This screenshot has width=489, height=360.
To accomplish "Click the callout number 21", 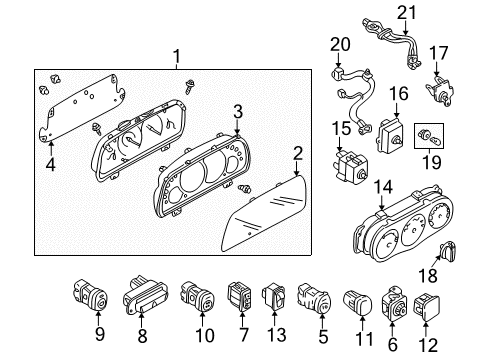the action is pyautogui.click(x=407, y=13).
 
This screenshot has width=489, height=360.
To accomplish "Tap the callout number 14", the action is pyautogui.click(x=383, y=187).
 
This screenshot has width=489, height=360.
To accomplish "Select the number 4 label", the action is pyautogui.click(x=50, y=165).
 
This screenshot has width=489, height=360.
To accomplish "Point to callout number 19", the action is pyautogui.click(x=431, y=163).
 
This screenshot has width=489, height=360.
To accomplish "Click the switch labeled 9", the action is pyautogui.click(x=90, y=295).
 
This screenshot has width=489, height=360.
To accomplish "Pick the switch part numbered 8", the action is pyautogui.click(x=144, y=296).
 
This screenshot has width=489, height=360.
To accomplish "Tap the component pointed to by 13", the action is pyautogui.click(x=274, y=296).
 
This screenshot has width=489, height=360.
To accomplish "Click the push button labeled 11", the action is pyautogui.click(x=357, y=302).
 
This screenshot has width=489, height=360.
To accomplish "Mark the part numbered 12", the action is pyautogui.click(x=427, y=307).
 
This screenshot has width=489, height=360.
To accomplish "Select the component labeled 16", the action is pyautogui.click(x=391, y=135).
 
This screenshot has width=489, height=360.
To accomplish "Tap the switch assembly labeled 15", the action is pyautogui.click(x=349, y=167).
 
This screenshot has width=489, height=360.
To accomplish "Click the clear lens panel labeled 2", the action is pyautogui.click(x=264, y=214).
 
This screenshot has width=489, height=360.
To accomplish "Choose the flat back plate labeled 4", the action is pyautogui.click(x=82, y=109).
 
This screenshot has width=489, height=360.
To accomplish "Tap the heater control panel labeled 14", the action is pyautogui.click(x=403, y=226).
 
